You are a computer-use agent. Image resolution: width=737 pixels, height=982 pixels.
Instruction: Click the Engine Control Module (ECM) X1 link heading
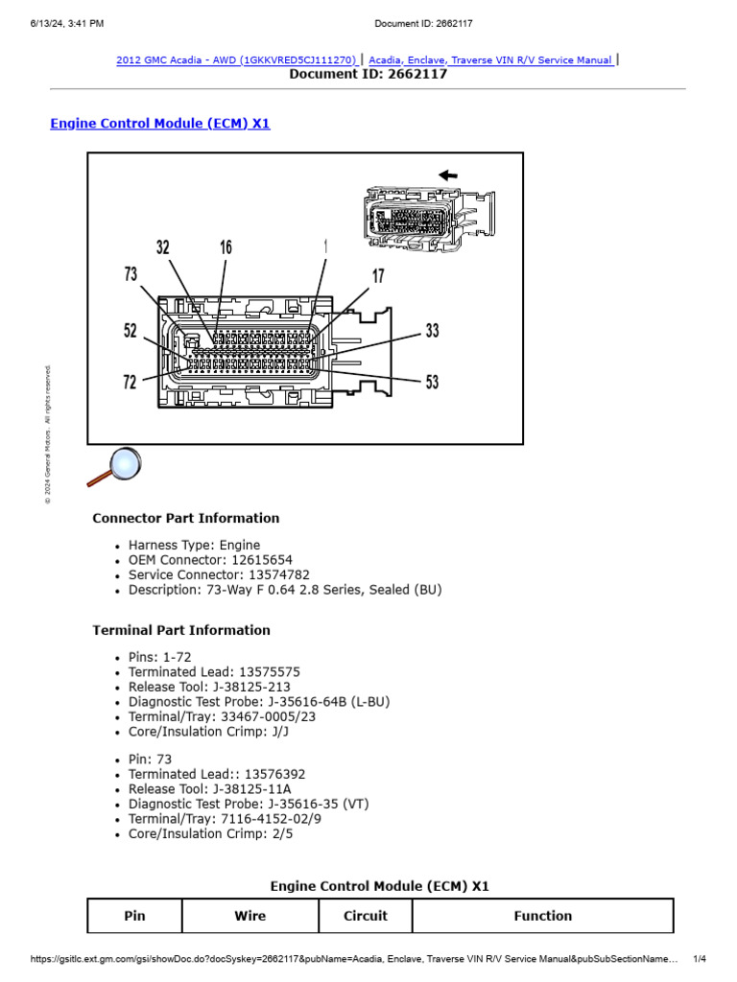(159, 124)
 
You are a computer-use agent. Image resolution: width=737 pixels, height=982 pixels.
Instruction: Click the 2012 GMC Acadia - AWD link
(237, 59)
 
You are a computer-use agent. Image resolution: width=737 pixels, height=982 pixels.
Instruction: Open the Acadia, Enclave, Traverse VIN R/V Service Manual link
(490, 59)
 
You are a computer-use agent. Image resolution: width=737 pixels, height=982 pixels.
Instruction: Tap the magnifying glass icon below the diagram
(114, 467)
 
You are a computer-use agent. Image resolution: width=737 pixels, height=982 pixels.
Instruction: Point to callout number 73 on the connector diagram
(131, 274)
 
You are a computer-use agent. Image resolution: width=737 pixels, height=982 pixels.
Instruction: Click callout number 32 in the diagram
(163, 247)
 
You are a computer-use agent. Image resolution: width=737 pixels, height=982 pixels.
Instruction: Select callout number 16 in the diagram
(226, 247)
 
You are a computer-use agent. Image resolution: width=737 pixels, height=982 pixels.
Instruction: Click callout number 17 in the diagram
(378, 276)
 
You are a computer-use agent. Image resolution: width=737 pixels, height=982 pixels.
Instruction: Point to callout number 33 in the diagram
(432, 331)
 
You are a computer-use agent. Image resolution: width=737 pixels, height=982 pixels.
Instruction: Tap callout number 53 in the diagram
(432, 382)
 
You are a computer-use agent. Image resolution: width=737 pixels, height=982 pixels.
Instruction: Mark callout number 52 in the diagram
(131, 331)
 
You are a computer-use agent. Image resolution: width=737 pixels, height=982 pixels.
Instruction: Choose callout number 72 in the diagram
(131, 382)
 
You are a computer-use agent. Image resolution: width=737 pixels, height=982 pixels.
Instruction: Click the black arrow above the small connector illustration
(447, 175)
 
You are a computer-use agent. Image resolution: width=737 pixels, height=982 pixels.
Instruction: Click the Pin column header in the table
(134, 916)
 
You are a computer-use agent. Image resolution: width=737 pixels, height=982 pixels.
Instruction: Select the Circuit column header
(366, 916)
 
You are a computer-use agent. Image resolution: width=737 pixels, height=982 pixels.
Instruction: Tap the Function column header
(542, 916)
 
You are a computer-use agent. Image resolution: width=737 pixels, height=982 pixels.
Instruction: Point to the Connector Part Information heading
(185, 518)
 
